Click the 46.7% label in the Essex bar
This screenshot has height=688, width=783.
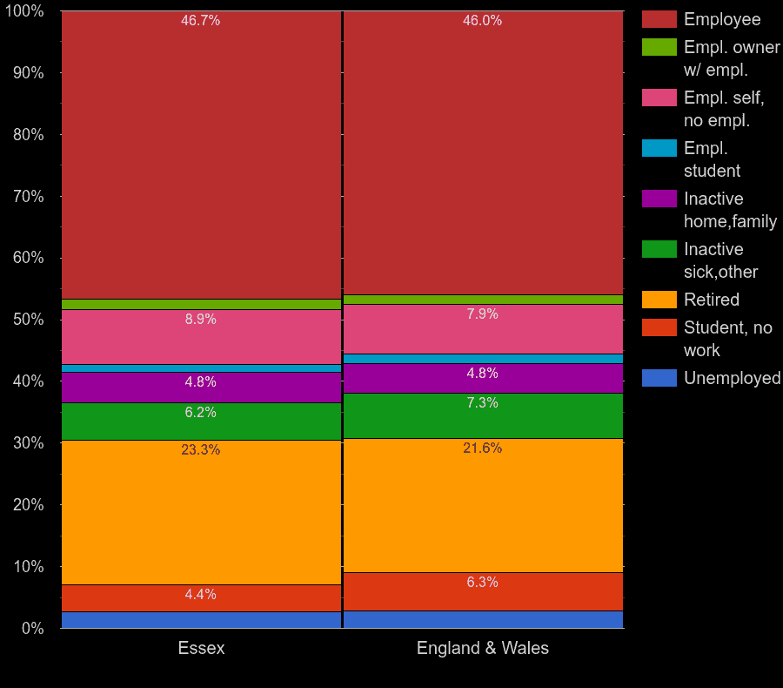tap(200, 21)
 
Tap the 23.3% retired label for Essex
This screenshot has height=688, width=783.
tap(200, 450)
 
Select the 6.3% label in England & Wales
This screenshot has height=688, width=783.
tap(482, 583)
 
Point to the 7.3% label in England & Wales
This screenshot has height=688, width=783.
tap(482, 403)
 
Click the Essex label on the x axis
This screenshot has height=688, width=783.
tap(201, 649)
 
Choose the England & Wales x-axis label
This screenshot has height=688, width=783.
tap(482, 649)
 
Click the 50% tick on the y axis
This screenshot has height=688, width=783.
tap(28, 320)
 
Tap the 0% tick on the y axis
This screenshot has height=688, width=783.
tap(32, 628)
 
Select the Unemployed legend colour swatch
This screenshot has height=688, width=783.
tap(659, 378)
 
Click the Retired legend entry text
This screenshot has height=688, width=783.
tap(711, 300)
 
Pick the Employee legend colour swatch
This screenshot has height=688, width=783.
tap(659, 19)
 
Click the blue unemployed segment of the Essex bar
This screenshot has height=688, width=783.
tap(201, 620)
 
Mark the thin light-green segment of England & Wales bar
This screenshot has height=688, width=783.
tap(482, 300)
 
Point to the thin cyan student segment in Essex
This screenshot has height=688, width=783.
tap(201, 368)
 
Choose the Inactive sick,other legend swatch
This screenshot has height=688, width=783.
tap(659, 249)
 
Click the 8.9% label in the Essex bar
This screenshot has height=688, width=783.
tap(200, 320)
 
